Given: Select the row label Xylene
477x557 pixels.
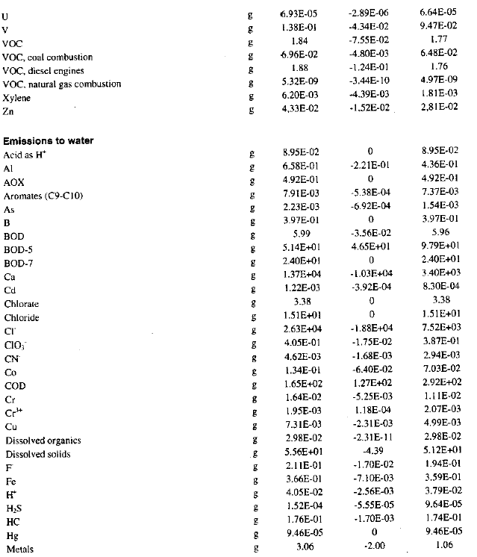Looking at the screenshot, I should [18, 98].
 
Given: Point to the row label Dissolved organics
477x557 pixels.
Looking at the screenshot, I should [43, 441].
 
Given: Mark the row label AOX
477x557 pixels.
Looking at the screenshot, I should [14, 181].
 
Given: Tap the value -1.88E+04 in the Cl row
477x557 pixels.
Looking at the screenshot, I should [370, 331].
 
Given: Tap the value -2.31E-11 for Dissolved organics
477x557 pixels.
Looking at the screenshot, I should [370, 439].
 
